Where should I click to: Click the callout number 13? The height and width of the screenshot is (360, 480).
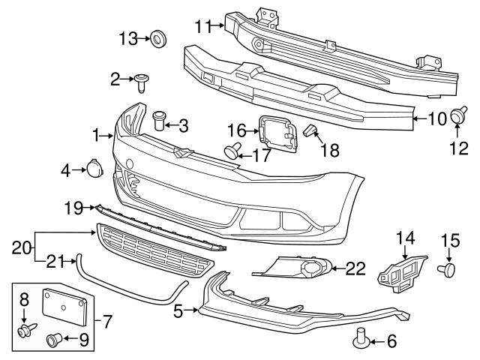pyautogui.click(x=127, y=37)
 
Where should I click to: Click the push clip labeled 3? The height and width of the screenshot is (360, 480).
pyautogui.click(x=159, y=120)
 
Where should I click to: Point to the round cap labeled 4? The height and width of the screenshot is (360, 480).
pyautogui.click(x=94, y=169)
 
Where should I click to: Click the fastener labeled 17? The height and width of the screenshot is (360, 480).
pyautogui.click(x=232, y=151)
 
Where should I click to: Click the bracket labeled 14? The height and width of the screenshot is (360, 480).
pyautogui.click(x=402, y=268)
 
